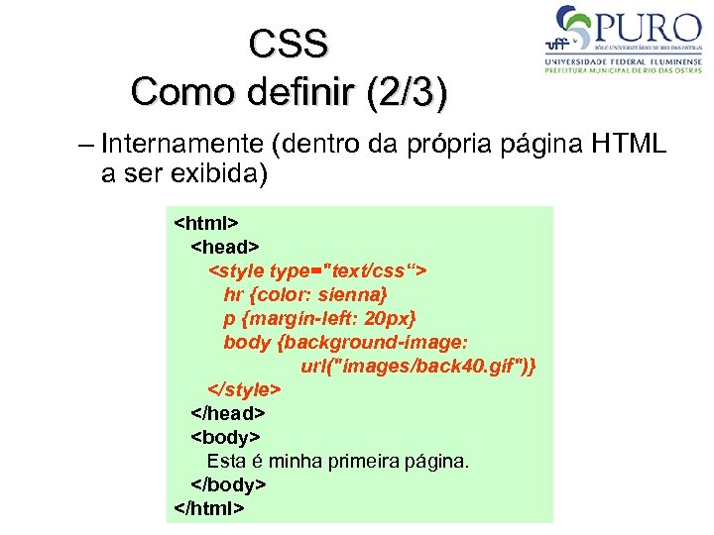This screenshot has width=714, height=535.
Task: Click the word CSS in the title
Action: (x=289, y=44)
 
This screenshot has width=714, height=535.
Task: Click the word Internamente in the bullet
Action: (x=185, y=145)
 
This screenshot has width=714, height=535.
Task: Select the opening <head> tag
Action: (x=224, y=246)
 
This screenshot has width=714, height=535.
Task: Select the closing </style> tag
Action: (x=244, y=389)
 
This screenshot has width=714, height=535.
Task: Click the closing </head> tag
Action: (x=228, y=413)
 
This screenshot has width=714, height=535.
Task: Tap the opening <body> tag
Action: (x=224, y=437)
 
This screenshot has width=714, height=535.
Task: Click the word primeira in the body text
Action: (x=358, y=461)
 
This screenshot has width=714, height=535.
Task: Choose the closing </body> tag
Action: (x=228, y=484)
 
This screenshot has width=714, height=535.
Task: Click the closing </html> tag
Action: (x=209, y=508)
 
